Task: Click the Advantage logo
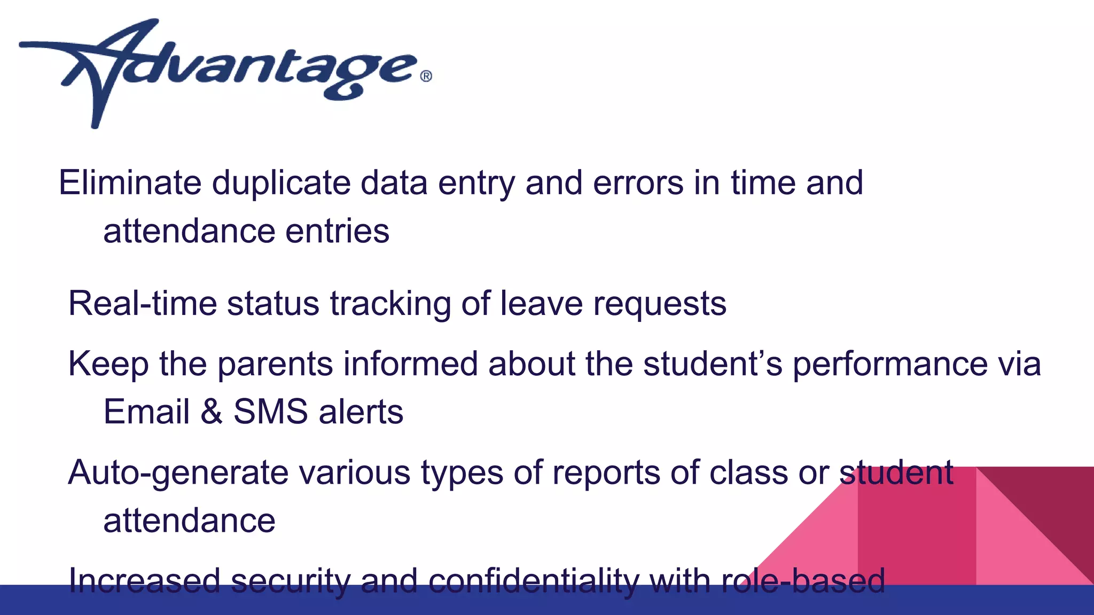(224, 72)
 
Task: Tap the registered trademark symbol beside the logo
(426, 76)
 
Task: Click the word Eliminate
(130, 183)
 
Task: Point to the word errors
(638, 183)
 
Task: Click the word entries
(337, 232)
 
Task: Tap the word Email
(146, 412)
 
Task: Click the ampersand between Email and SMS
(212, 412)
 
